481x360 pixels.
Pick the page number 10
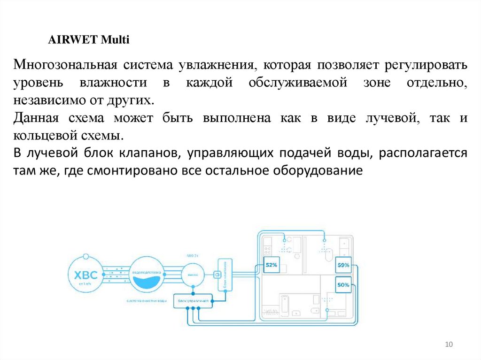(448, 345)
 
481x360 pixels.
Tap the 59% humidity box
(343, 265)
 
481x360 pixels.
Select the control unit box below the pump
(193, 299)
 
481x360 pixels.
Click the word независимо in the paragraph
(43, 100)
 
